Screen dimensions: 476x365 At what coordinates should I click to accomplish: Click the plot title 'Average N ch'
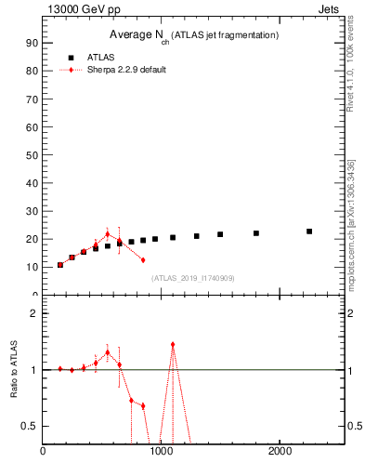(139, 35)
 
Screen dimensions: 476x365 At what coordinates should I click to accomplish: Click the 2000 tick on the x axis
(280, 452)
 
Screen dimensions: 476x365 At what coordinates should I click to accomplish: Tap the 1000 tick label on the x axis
(162, 452)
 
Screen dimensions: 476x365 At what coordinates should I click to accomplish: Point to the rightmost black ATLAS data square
(309, 231)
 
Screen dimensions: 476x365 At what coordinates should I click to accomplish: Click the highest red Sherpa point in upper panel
(108, 234)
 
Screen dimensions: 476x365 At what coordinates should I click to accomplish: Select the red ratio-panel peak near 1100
(173, 344)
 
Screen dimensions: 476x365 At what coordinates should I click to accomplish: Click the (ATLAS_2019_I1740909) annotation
(193, 278)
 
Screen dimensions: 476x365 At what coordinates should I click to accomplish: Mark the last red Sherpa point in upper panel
(143, 259)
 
